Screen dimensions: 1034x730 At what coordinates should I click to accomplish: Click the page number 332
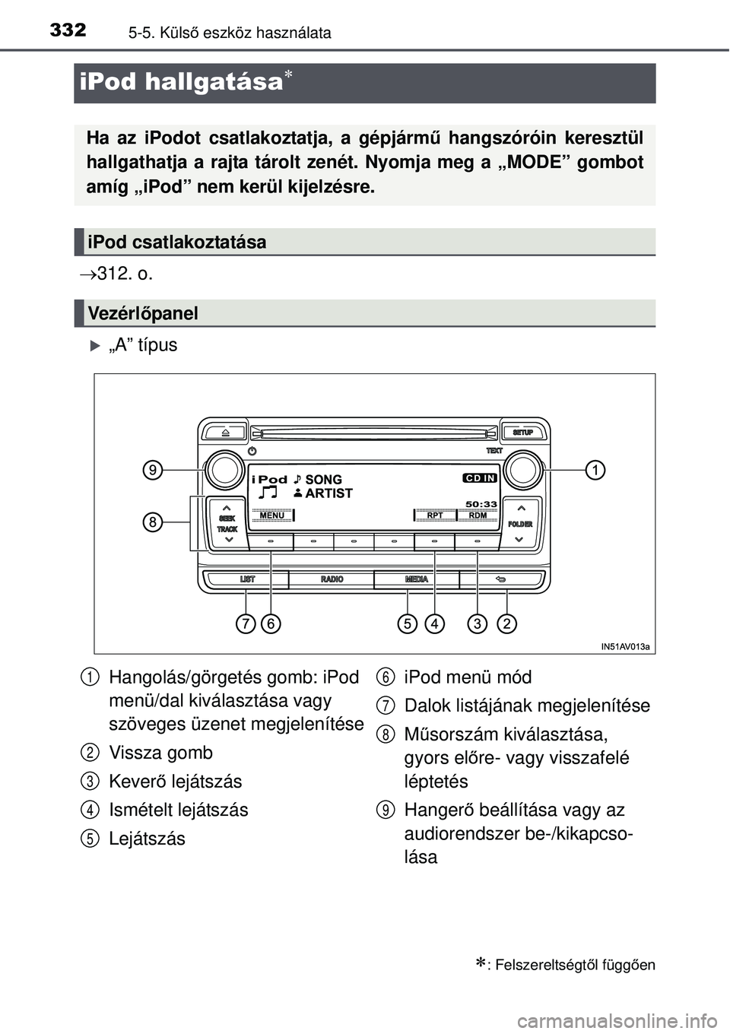pyautogui.click(x=68, y=30)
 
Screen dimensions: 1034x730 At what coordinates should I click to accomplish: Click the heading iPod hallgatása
pyautogui.click(x=181, y=82)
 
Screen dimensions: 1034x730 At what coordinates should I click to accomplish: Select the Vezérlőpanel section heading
pyautogui.click(x=143, y=313)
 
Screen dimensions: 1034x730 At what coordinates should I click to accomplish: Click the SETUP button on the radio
pyautogui.click(x=523, y=433)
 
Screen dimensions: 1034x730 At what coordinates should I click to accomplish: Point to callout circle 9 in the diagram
pyautogui.click(x=154, y=471)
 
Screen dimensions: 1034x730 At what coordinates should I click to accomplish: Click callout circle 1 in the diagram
pyautogui.click(x=595, y=471)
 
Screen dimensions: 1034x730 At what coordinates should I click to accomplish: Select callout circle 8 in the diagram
pyautogui.click(x=154, y=522)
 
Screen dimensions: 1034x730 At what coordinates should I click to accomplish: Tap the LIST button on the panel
pyautogui.click(x=248, y=579)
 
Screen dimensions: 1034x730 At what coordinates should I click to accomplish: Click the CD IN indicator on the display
pyautogui.click(x=480, y=478)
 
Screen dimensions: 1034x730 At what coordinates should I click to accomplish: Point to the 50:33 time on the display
pyautogui.click(x=481, y=503)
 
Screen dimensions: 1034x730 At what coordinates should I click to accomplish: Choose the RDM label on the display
pyautogui.click(x=478, y=515)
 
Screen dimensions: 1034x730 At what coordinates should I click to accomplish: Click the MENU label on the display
pyautogui.click(x=271, y=515)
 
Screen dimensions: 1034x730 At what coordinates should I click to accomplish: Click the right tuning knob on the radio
pyautogui.click(x=523, y=471)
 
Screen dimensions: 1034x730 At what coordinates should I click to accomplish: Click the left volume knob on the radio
pyautogui.click(x=225, y=471)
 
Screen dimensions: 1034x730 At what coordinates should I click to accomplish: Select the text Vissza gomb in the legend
pyautogui.click(x=161, y=753)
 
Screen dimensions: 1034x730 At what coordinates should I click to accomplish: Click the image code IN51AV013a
pyautogui.click(x=625, y=647)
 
